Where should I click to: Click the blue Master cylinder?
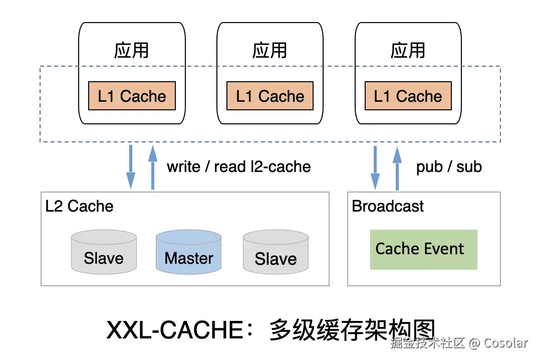pyautogui.click(x=188, y=252)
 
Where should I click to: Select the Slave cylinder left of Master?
pyautogui.click(x=104, y=252)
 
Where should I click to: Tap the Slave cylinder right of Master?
pyautogui.click(x=276, y=252)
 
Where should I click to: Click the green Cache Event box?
pyautogui.click(x=423, y=249)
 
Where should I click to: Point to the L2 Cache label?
pyautogui.click(x=79, y=206)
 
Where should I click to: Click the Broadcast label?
pyautogui.click(x=388, y=206)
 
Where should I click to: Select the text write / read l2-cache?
pyautogui.click(x=239, y=166)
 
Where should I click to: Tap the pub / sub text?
pyautogui.click(x=449, y=167)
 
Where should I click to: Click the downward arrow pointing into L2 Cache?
pyautogui.click(x=130, y=167)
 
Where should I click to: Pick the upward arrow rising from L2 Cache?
pyautogui.click(x=153, y=167)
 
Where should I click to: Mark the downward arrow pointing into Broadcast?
pyautogui.click(x=375, y=167)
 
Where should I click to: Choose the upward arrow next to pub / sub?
pyautogui.click(x=397, y=168)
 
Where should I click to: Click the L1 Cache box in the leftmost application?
pyautogui.click(x=132, y=96)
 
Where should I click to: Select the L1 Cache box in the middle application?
pyautogui.click(x=270, y=96)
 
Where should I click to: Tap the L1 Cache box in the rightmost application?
pyautogui.click(x=408, y=96)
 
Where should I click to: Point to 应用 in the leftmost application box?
pyautogui.click(x=131, y=50)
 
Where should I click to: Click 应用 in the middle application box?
pyautogui.click(x=270, y=50)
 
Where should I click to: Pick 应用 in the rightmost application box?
pyautogui.click(x=408, y=50)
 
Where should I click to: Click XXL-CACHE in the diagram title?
pyautogui.click(x=175, y=330)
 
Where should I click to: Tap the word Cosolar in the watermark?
pyautogui.click(x=505, y=343)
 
